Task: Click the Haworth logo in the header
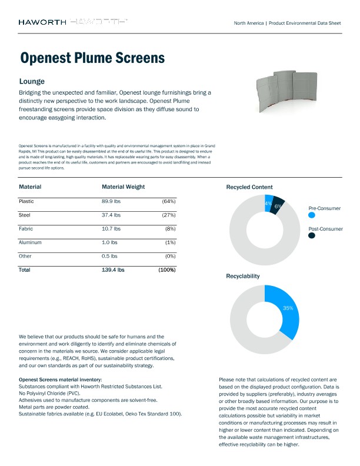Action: tap(42, 22)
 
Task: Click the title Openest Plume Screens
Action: tap(92, 58)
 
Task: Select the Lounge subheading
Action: tap(32, 81)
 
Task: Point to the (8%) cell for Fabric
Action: tap(169, 228)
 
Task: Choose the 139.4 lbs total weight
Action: tap(113, 270)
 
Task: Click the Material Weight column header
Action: tap(123, 187)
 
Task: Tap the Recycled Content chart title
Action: tap(249, 187)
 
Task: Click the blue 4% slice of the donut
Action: tap(268, 202)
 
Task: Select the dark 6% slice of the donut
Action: tap(278, 206)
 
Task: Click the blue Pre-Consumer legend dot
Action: tap(312, 216)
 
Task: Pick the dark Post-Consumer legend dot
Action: tap(312, 235)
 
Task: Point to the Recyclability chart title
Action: tap(243, 275)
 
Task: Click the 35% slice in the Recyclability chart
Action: tap(286, 309)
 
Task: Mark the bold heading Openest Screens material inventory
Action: tap(61, 380)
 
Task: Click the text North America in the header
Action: tap(248, 22)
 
